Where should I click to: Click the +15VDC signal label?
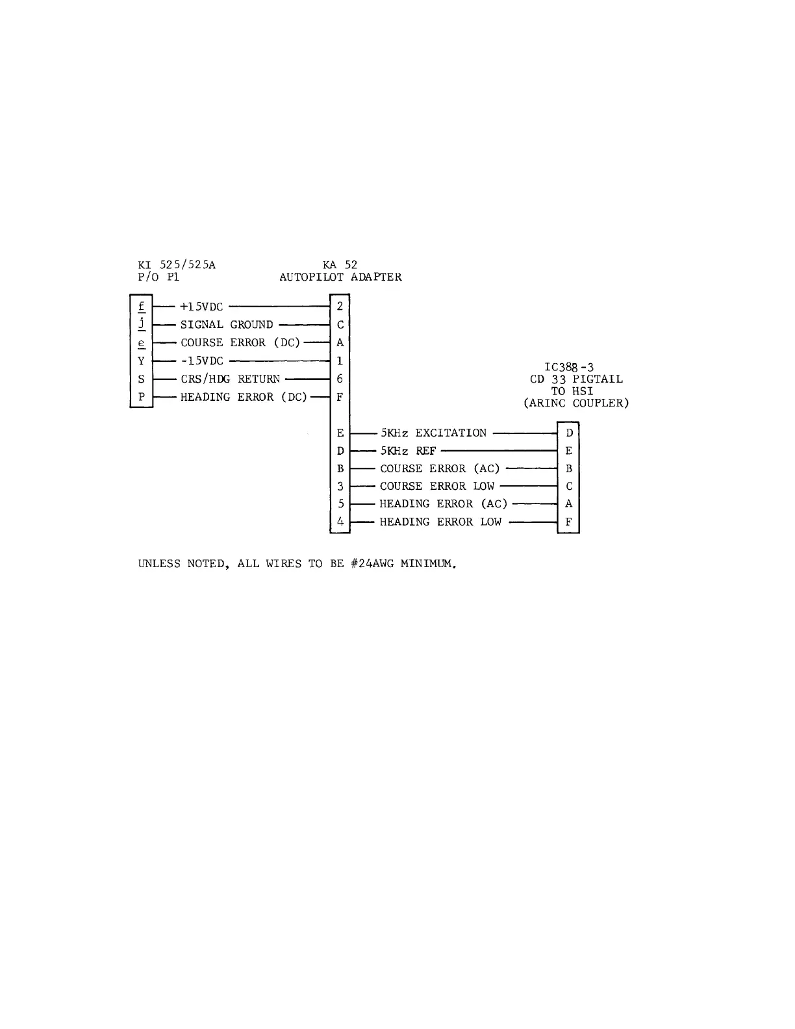pyautogui.click(x=201, y=307)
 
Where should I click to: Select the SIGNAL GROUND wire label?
pyautogui.click(x=227, y=325)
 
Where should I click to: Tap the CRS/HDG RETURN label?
pyautogui.click(x=230, y=379)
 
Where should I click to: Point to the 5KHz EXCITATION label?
pyautogui.click(x=433, y=433)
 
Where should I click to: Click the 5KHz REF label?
pyautogui.click(x=408, y=451)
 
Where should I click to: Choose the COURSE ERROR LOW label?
pyautogui.click(x=437, y=486)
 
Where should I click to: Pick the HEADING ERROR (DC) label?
pyautogui.click(x=243, y=397)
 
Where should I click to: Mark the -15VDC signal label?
pyautogui.click(x=201, y=361)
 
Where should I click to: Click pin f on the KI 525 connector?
pyautogui.click(x=142, y=306)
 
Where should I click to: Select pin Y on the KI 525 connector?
pyautogui.click(x=142, y=361)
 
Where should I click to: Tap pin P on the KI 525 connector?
pyautogui.click(x=142, y=397)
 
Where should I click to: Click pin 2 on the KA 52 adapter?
pyautogui.click(x=340, y=307)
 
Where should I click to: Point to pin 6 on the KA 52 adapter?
pyautogui.click(x=340, y=379)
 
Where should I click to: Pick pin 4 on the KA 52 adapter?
pyautogui.click(x=340, y=521)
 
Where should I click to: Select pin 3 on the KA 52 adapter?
pyautogui.click(x=340, y=486)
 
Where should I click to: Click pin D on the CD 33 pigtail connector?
pyautogui.click(x=569, y=433)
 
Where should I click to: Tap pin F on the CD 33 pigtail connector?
pyautogui.click(x=569, y=522)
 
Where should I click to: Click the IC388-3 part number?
pyautogui.click(x=569, y=367)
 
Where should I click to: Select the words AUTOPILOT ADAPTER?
pyautogui.click(x=340, y=277)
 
